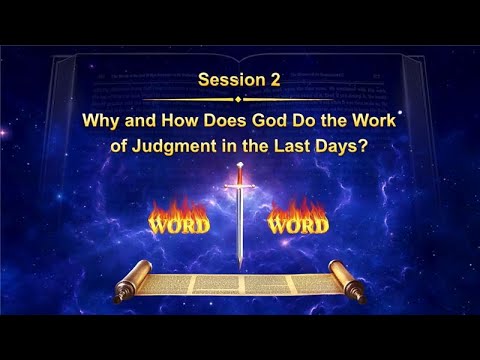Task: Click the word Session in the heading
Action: pyautogui.click(x=222, y=81)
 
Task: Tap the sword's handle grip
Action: pyautogui.click(x=239, y=177)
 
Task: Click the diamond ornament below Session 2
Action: pyautogui.click(x=238, y=100)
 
